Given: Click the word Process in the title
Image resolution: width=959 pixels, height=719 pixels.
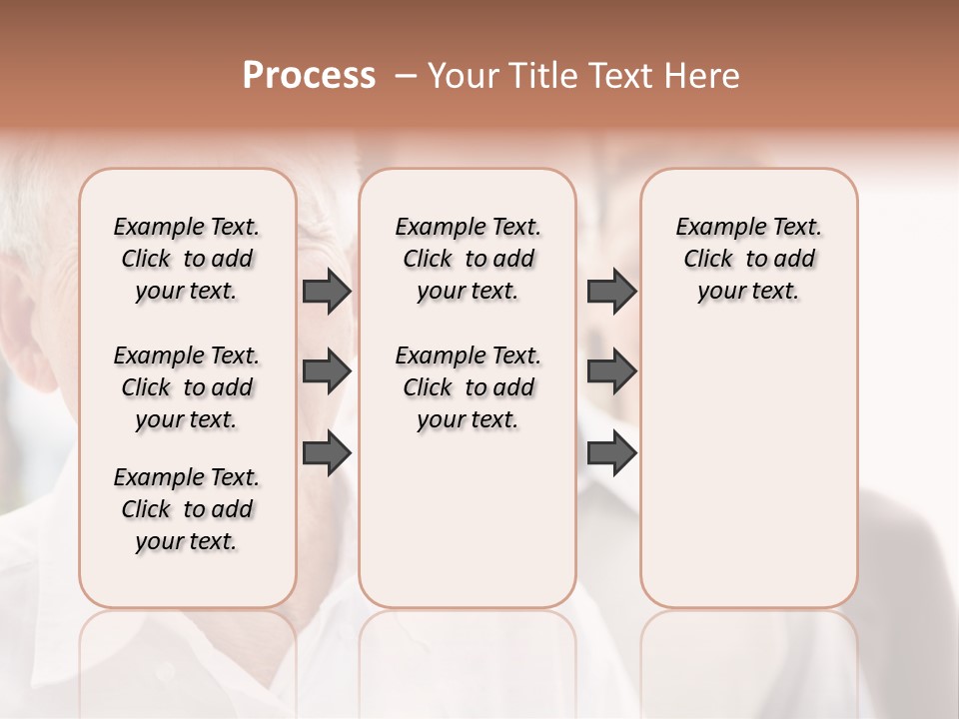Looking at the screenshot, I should pos(309,76).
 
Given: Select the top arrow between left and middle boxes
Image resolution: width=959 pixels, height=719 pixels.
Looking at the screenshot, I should pos(326,292).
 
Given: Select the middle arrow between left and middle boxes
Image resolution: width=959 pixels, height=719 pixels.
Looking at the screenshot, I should pos(326,371).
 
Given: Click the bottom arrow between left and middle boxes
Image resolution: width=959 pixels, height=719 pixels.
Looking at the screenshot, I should pos(326,453).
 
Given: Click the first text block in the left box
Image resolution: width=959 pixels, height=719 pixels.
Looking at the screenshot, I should pos(187,259).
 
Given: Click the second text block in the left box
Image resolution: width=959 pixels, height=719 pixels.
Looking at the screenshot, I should pos(187,387).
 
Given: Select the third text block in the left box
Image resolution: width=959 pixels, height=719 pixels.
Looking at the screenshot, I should pos(187,509).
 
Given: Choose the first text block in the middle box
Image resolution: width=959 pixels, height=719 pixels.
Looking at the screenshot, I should pos(468,259).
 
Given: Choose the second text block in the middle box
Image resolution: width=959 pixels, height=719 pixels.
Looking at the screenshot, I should pos(468,387).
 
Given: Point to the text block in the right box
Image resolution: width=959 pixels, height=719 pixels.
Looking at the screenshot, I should pos(749,259).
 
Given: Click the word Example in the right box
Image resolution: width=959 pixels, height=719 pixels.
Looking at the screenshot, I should pos(715,228).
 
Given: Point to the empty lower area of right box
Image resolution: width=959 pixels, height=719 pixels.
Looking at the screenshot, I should pos(749,479).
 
